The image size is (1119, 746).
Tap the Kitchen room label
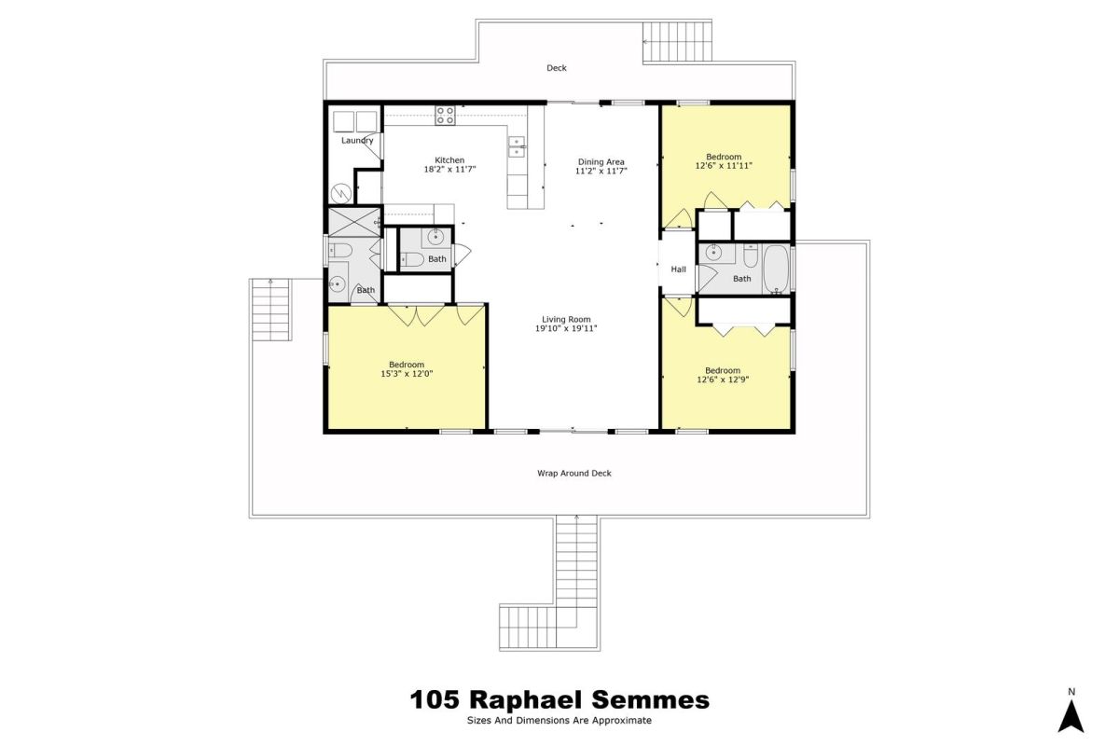point(449,160)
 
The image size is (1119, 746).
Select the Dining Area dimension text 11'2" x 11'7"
point(601,171)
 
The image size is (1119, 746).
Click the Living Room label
point(566,319)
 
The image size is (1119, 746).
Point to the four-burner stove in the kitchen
point(445,116)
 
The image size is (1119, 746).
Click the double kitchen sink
point(517,146)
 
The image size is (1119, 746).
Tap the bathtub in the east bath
point(776,269)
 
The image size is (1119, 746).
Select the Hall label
point(678,269)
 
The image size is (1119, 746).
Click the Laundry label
point(357,141)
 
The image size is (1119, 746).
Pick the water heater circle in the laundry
point(341,193)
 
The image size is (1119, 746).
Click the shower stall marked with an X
point(353,222)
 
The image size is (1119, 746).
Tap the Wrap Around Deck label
point(574,473)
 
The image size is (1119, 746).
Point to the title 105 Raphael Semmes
point(559,699)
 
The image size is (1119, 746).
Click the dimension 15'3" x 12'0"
point(407,374)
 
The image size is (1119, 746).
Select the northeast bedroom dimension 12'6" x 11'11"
point(724,165)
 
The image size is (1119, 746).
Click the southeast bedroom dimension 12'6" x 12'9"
point(723,380)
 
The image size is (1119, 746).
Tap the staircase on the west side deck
point(270,310)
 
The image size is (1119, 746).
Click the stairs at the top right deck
point(677,41)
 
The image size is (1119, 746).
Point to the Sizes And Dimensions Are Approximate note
point(559,721)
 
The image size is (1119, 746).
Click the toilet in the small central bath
point(412,259)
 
